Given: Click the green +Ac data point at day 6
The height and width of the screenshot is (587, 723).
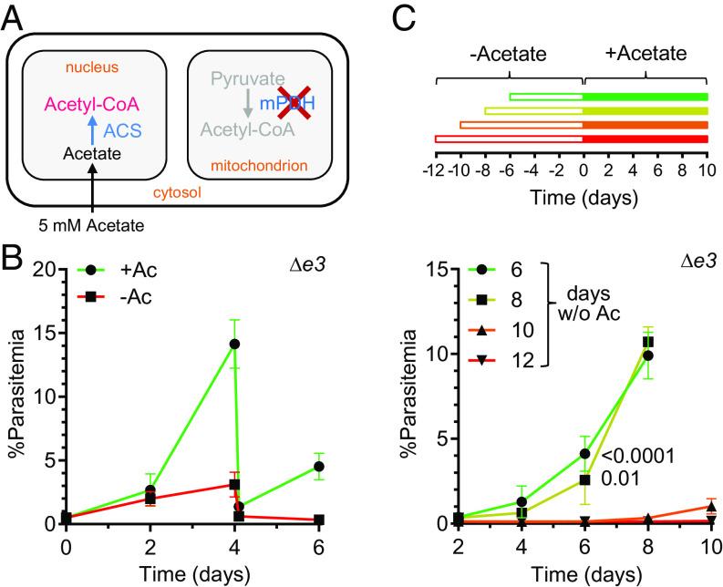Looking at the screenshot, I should click(x=319, y=466).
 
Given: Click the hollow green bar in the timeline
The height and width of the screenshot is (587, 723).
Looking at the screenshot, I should click(x=546, y=96).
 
